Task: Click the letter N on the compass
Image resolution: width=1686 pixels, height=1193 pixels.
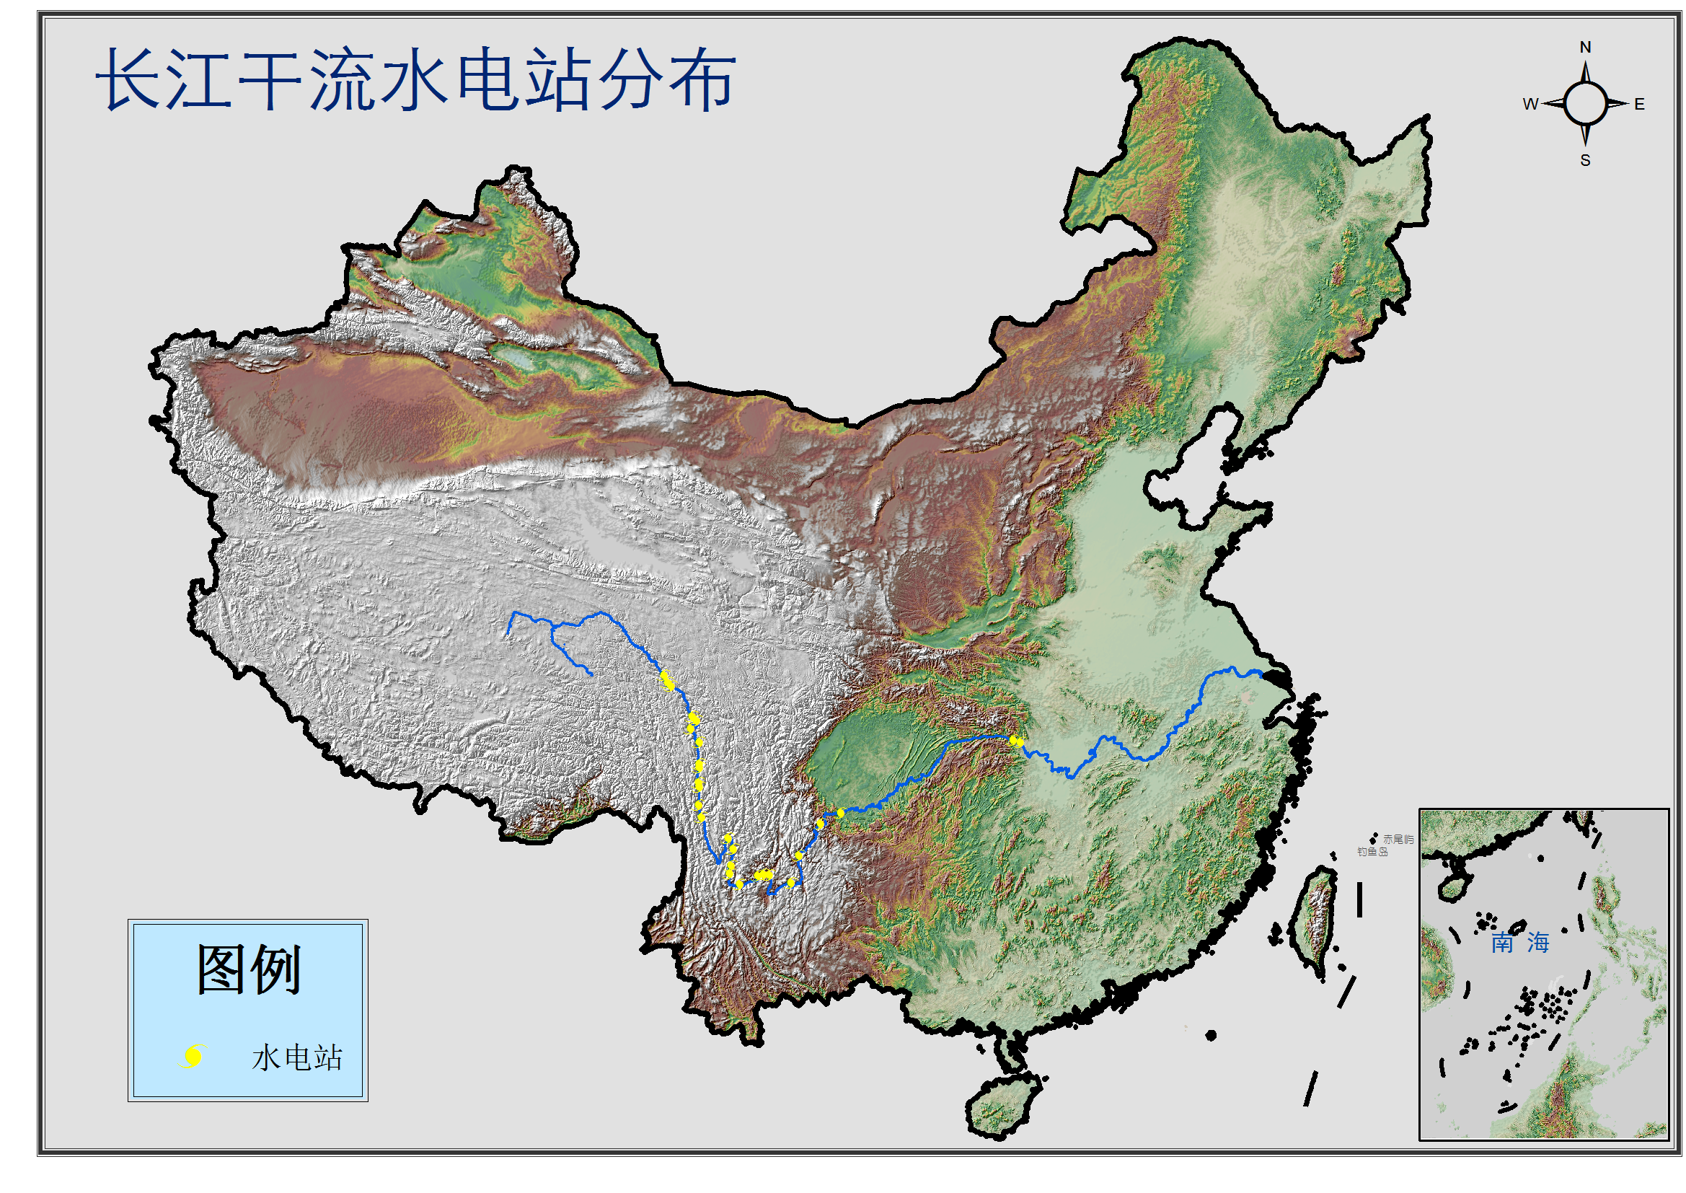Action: click(1585, 48)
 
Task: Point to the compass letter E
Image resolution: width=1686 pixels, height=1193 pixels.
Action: click(1639, 105)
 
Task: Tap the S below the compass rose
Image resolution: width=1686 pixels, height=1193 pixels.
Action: click(1585, 160)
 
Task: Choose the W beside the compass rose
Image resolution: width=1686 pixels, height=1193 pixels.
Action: click(1530, 105)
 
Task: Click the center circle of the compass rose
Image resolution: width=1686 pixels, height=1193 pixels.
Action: click(1585, 104)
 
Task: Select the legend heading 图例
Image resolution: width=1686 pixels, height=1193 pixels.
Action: click(248, 970)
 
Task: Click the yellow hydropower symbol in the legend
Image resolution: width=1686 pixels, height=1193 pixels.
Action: click(193, 1057)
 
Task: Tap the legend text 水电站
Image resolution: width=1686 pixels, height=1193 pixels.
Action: click(296, 1059)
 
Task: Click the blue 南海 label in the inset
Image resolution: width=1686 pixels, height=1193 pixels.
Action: click(1519, 943)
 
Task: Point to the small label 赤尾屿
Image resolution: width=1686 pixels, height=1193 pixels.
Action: click(1398, 840)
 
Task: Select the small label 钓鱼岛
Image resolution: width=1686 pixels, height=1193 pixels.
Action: click(1372, 852)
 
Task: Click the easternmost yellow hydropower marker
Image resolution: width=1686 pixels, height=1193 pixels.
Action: click(1018, 742)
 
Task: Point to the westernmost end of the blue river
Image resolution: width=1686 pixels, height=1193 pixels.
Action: click(509, 633)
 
